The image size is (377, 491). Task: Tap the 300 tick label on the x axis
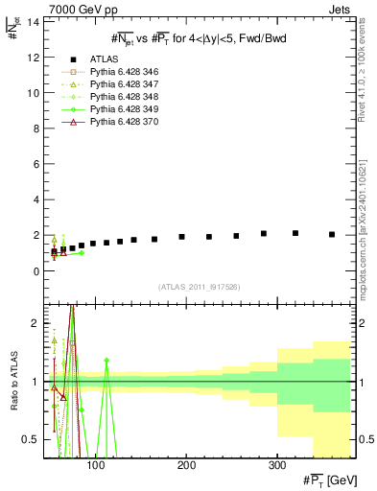pyautogui.click(x=276, y=467)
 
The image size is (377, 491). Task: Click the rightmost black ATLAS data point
pyautogui.click(x=332, y=234)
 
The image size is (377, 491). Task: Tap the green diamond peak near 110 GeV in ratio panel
pyautogui.click(x=106, y=361)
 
